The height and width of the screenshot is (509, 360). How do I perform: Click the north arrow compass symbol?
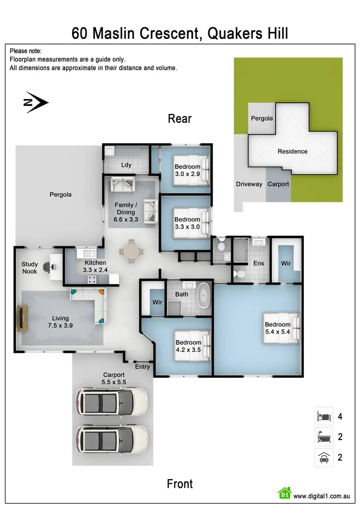click(36, 102)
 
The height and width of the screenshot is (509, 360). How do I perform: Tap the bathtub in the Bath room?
click(205, 295)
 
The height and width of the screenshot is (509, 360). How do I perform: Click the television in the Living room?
click(22, 318)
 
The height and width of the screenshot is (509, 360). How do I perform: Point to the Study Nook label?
click(29, 268)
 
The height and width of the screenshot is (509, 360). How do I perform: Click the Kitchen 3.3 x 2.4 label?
click(95, 266)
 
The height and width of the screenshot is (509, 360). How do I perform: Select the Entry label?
click(143, 367)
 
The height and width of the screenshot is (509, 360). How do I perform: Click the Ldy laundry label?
click(126, 165)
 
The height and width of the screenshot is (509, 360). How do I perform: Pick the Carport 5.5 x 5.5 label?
click(114, 378)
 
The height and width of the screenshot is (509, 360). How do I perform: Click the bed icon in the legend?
click(324, 416)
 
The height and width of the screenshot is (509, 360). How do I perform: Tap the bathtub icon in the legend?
click(324, 436)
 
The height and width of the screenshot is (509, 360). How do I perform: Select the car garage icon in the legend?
click(324, 458)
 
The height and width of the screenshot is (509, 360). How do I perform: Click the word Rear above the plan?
click(180, 119)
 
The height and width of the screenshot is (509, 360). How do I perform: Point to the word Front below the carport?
click(180, 484)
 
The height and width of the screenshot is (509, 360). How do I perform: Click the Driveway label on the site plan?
click(249, 184)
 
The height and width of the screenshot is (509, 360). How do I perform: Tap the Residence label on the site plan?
click(292, 151)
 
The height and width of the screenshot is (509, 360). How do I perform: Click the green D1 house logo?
click(285, 493)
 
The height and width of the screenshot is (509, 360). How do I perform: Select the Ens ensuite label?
click(258, 263)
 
